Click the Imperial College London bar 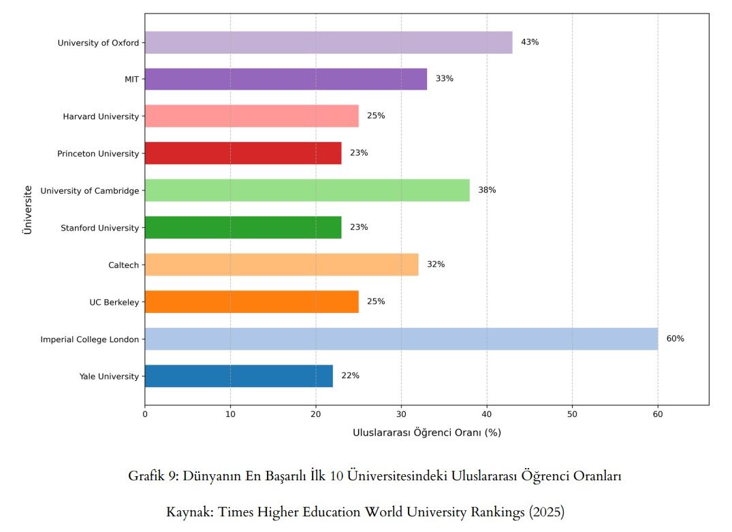[401, 339]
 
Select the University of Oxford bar [328, 42]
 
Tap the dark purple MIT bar [286, 79]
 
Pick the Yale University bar [238, 376]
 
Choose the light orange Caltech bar [281, 265]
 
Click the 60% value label [675, 339]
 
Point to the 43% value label [530, 42]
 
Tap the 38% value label [487, 190]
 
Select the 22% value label [350, 376]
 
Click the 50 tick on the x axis [572, 413]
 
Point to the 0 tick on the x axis [145, 413]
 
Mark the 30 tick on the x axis [401, 413]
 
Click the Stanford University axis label [99, 228]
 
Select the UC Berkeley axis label [114, 302]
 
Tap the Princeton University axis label [98, 154]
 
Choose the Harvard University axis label [101, 116]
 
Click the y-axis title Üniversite [28, 209]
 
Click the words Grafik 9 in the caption [153, 476]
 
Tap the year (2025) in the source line [547, 512]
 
